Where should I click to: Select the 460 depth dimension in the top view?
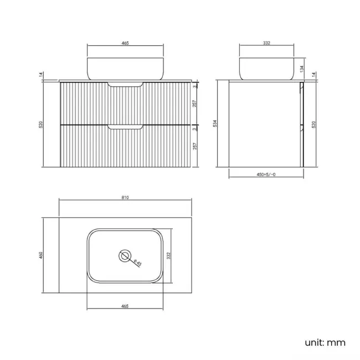40,255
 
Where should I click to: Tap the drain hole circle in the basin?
126,256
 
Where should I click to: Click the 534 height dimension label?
214,124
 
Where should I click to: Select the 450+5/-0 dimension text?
266,174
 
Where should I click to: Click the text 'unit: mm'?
325,342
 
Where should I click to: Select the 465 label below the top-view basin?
126,306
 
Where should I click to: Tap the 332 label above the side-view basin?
266,43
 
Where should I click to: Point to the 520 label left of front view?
40,124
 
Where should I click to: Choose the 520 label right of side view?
314,124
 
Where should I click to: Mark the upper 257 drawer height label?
196,105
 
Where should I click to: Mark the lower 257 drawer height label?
196,147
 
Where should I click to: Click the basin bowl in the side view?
266,68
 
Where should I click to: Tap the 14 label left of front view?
40,75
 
